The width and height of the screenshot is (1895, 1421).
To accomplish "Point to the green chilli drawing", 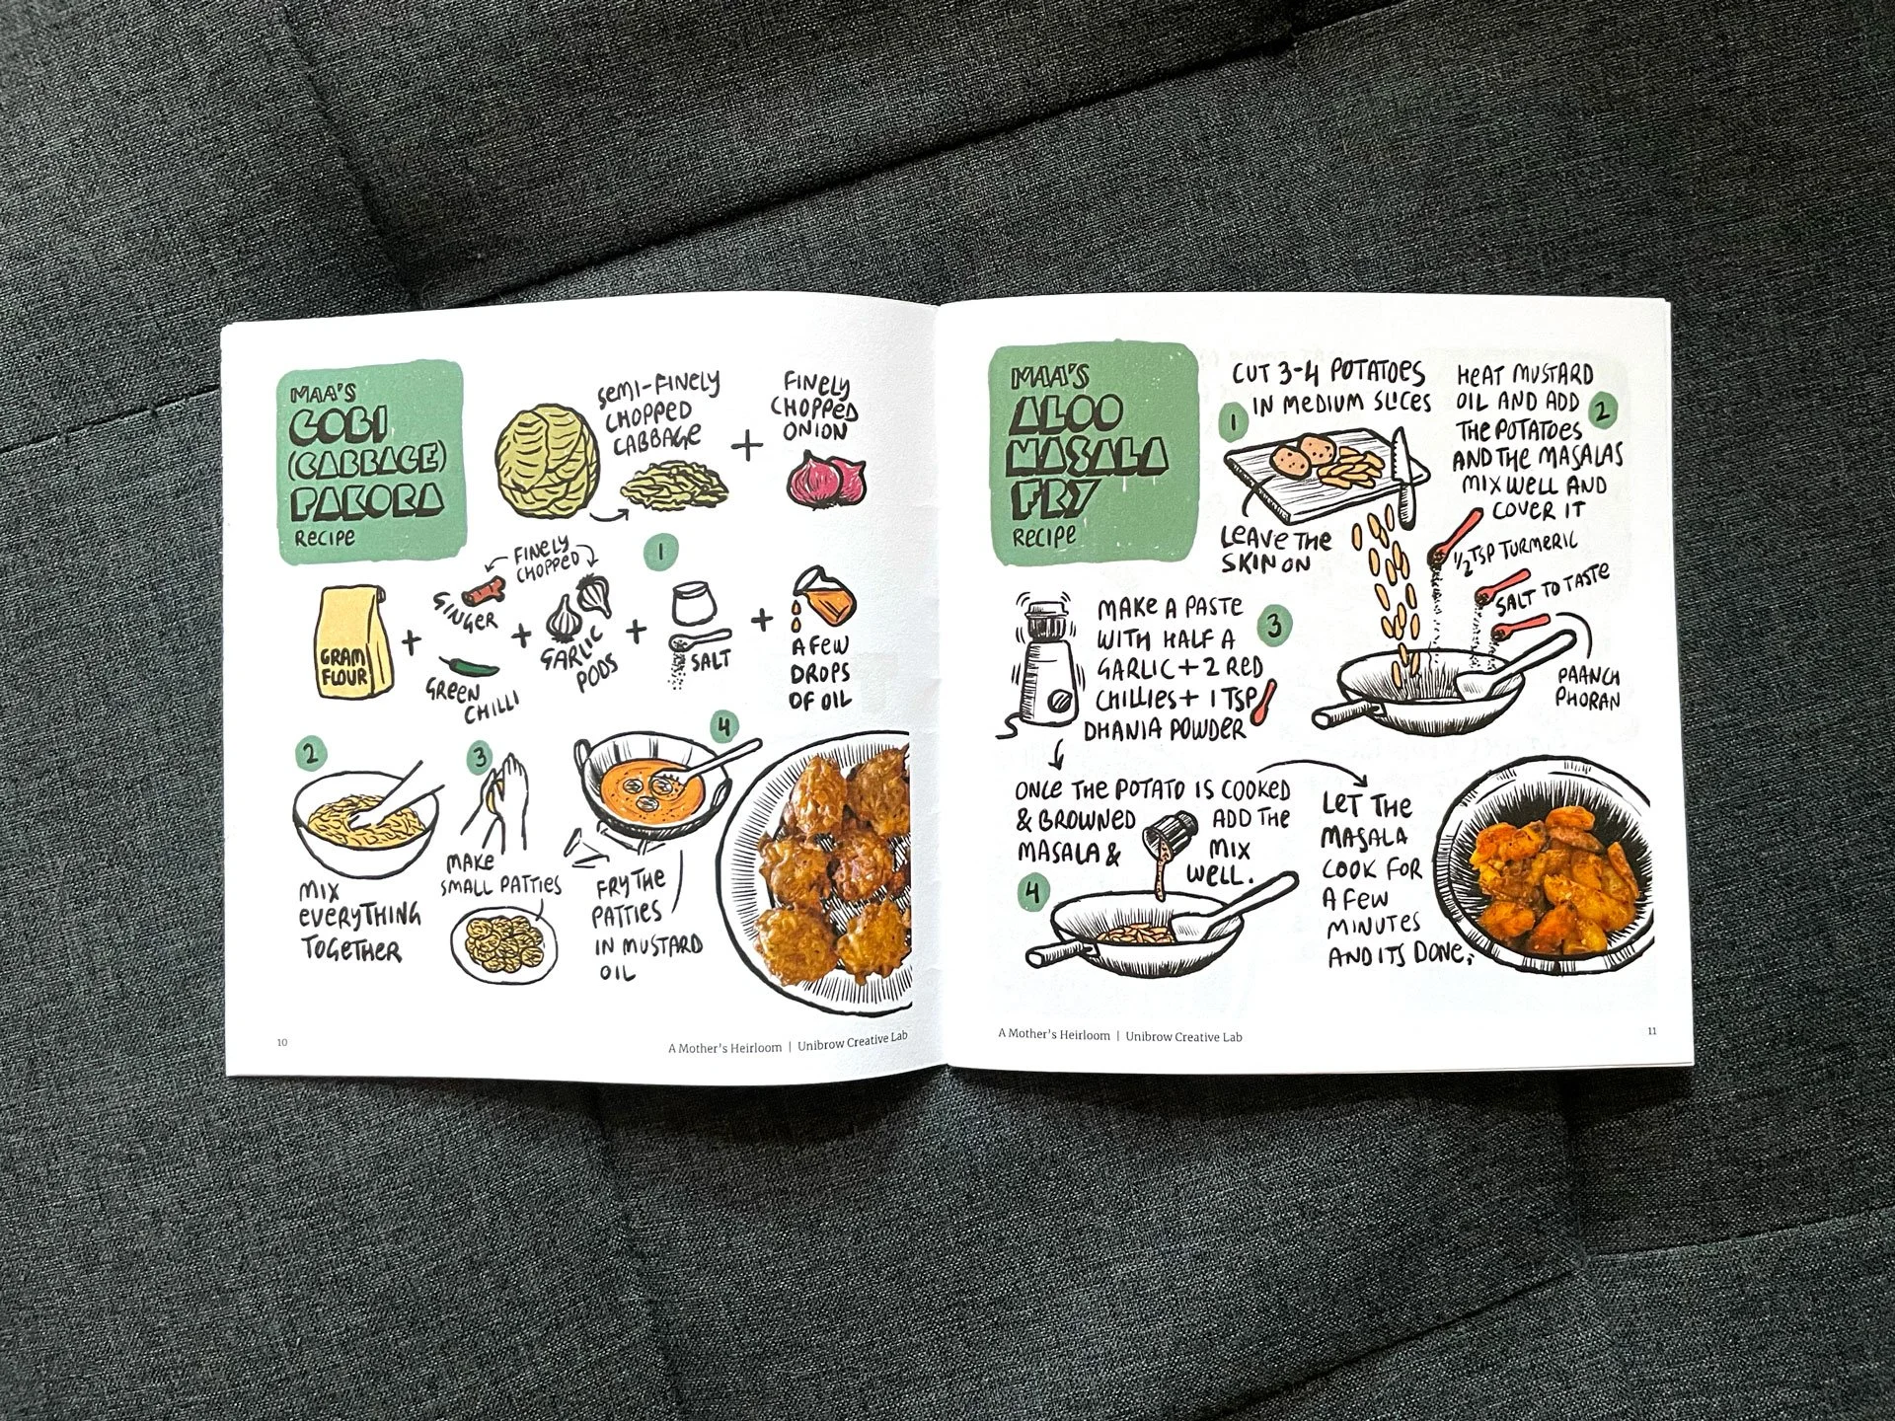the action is [463, 667].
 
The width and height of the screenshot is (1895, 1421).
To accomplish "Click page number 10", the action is [282, 1042].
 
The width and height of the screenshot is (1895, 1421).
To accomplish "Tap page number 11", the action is [1652, 1031].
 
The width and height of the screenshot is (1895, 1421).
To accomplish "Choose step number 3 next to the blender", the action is [1274, 625].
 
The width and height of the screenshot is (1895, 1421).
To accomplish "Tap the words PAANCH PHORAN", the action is [1588, 687].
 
